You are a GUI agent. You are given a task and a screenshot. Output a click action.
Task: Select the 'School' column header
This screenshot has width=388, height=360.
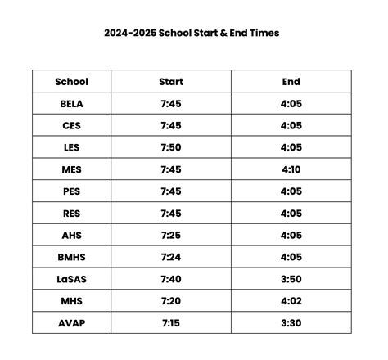click(x=71, y=82)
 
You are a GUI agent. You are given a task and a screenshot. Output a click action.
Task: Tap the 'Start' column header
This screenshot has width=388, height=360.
click(x=171, y=82)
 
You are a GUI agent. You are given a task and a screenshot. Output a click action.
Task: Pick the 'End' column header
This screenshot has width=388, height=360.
click(x=291, y=82)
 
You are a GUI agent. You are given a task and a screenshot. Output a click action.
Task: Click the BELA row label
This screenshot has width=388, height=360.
click(x=72, y=104)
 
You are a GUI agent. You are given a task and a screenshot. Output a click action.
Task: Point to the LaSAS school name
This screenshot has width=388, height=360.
click(x=72, y=279)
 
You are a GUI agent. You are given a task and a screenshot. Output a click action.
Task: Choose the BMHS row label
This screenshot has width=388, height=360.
click(x=72, y=257)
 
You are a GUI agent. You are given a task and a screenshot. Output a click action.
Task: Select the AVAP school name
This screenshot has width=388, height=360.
click(x=72, y=323)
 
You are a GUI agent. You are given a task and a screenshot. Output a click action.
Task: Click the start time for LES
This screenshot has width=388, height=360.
click(x=171, y=148)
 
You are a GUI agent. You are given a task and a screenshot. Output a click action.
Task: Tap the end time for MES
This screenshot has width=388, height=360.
click(x=291, y=169)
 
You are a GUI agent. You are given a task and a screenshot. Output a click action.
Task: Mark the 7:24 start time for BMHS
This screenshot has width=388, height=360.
click(x=171, y=257)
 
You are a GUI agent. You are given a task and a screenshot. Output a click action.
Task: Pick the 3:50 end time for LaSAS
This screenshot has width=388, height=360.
click(x=291, y=279)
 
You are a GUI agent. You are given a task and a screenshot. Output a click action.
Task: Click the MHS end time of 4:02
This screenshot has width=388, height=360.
click(x=291, y=301)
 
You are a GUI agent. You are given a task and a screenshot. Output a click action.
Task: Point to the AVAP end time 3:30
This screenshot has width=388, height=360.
click(x=291, y=323)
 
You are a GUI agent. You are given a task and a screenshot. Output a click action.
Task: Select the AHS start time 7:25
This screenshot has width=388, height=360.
click(x=171, y=236)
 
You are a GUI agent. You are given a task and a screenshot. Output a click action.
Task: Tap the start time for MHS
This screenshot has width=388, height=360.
click(x=171, y=301)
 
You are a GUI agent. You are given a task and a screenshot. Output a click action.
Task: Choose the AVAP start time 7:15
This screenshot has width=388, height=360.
click(x=171, y=323)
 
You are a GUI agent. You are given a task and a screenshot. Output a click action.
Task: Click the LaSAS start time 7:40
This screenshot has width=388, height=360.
click(x=171, y=279)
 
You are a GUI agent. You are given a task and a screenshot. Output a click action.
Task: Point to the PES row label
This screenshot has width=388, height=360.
click(x=72, y=191)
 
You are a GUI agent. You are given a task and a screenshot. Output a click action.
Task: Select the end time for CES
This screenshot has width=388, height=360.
click(x=291, y=126)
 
